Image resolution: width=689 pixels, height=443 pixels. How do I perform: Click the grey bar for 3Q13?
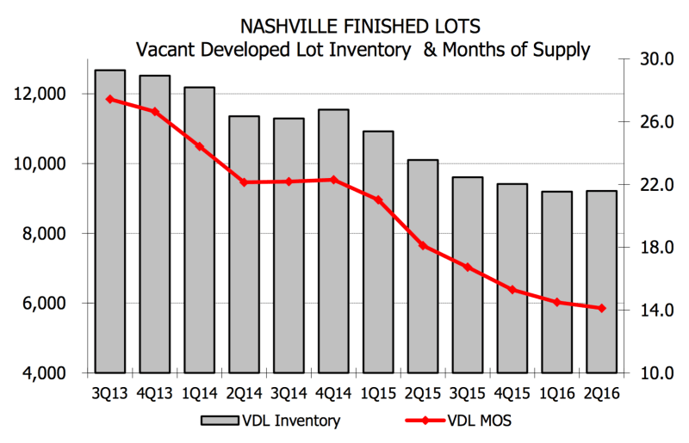click(110, 221)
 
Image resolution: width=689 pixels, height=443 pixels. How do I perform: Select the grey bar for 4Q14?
click(333, 241)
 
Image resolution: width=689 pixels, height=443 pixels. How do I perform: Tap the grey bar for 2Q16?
click(601, 282)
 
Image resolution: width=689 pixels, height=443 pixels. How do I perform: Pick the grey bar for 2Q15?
click(423, 267)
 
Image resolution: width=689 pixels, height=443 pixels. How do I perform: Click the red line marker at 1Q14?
click(200, 146)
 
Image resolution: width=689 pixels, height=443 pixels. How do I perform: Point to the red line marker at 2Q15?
click(423, 245)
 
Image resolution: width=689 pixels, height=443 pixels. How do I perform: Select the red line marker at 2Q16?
click(601, 308)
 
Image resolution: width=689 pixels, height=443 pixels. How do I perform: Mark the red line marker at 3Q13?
click(110, 99)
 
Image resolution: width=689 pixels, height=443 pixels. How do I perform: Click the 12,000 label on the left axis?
click(40, 94)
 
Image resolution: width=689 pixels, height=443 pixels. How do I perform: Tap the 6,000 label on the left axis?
click(44, 304)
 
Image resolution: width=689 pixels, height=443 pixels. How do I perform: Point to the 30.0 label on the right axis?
click(656, 58)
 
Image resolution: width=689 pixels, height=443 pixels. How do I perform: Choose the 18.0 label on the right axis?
click(656, 248)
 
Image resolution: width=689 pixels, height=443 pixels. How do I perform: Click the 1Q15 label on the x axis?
click(378, 393)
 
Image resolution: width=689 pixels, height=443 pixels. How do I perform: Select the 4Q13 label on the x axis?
click(155, 393)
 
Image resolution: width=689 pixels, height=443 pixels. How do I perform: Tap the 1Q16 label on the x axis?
click(557, 393)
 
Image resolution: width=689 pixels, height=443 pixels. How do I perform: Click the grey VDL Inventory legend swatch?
click(220, 421)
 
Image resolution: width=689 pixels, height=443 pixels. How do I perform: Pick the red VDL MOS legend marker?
click(425, 421)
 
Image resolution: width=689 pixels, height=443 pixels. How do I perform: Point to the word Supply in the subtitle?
click(562, 51)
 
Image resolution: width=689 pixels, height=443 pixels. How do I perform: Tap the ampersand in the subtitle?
click(430, 50)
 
